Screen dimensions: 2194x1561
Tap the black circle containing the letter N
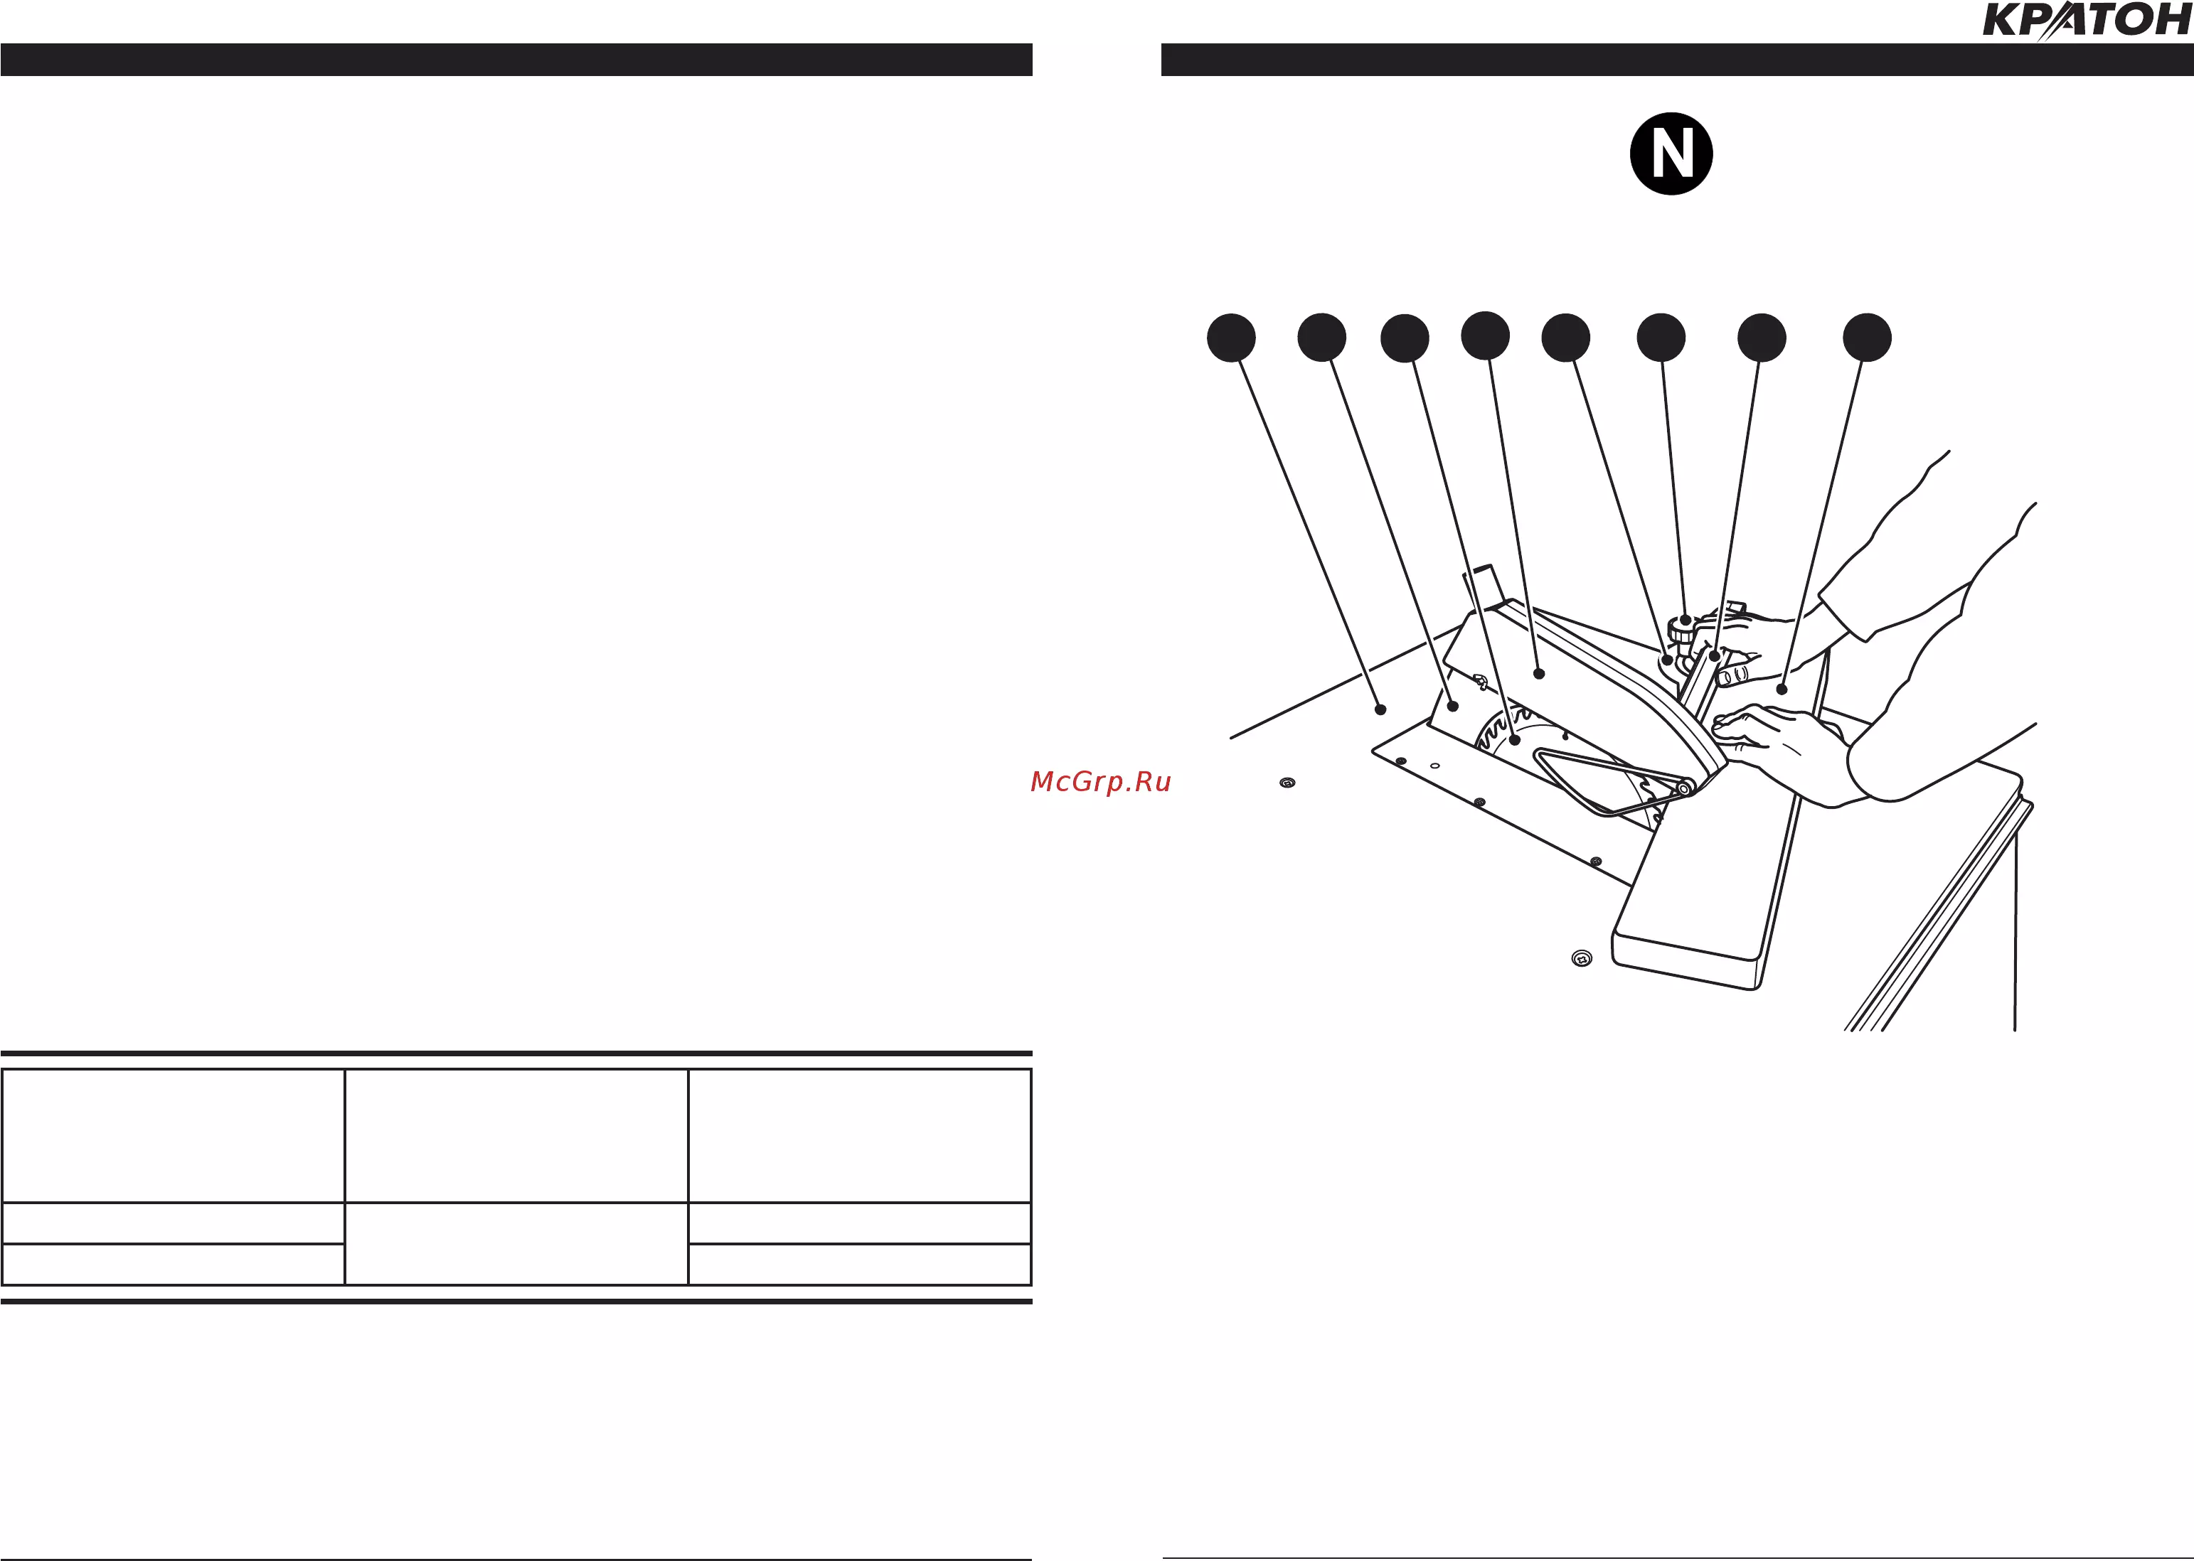[1671, 154]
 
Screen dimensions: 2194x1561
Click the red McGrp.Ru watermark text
[1101, 781]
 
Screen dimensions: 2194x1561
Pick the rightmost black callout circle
[1867, 338]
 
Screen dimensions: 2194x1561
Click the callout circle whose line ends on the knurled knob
[1661, 338]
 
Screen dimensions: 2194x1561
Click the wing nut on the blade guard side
[1481, 683]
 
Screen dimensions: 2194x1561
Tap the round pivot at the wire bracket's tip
[1683, 789]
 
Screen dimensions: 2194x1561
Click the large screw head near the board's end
[1582, 958]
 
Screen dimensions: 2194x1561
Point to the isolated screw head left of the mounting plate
[1287, 783]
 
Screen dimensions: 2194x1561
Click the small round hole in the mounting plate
[1434, 766]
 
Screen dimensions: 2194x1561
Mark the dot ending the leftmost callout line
[1380, 709]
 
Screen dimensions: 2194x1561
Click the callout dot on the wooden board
[1782, 690]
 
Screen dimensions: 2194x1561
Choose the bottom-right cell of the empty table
[860, 1264]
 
